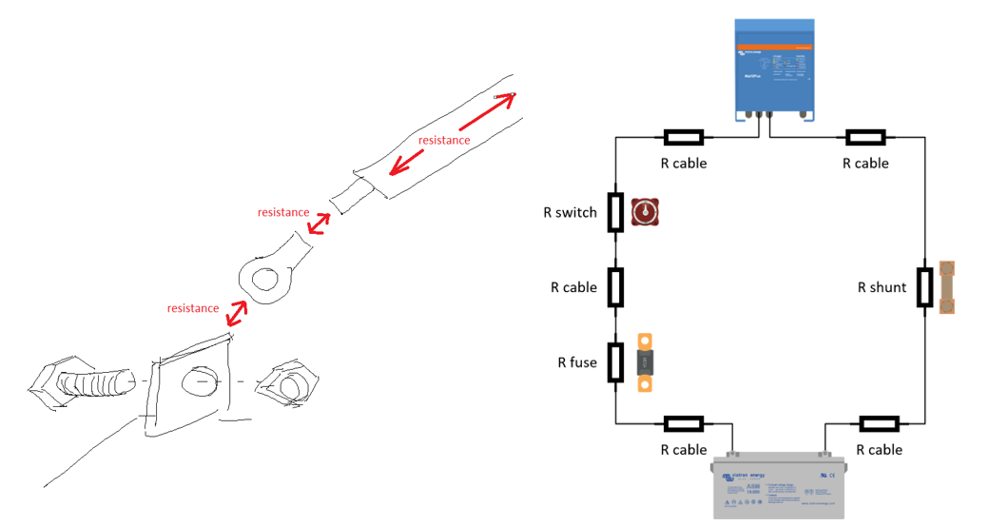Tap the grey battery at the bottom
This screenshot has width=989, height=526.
[779, 486]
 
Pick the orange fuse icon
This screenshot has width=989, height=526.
[646, 361]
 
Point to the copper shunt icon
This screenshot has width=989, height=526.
[947, 287]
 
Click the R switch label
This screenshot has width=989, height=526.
[570, 212]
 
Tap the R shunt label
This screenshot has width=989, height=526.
[882, 287]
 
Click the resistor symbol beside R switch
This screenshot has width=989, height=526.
[615, 212]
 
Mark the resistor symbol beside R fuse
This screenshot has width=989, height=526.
[615, 361]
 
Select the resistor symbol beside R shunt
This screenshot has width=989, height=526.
[924, 287]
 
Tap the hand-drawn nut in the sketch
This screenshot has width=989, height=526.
[289, 383]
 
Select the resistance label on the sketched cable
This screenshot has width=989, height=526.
[444, 141]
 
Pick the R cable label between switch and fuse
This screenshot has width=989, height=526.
[573, 287]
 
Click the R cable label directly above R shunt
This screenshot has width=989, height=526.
[865, 164]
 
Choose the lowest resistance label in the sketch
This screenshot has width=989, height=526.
[193, 308]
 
